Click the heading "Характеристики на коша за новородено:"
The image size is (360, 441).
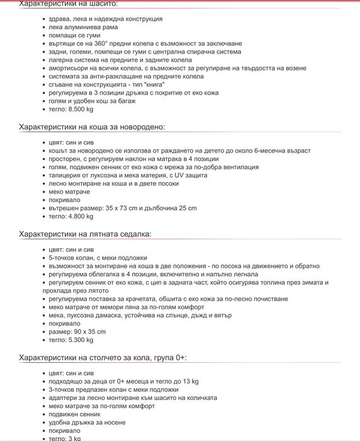(92, 127)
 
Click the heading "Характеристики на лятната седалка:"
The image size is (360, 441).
(85, 234)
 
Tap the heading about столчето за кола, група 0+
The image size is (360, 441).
(103, 357)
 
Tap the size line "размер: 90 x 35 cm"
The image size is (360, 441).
(77, 331)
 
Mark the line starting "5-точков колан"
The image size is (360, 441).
(98, 258)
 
